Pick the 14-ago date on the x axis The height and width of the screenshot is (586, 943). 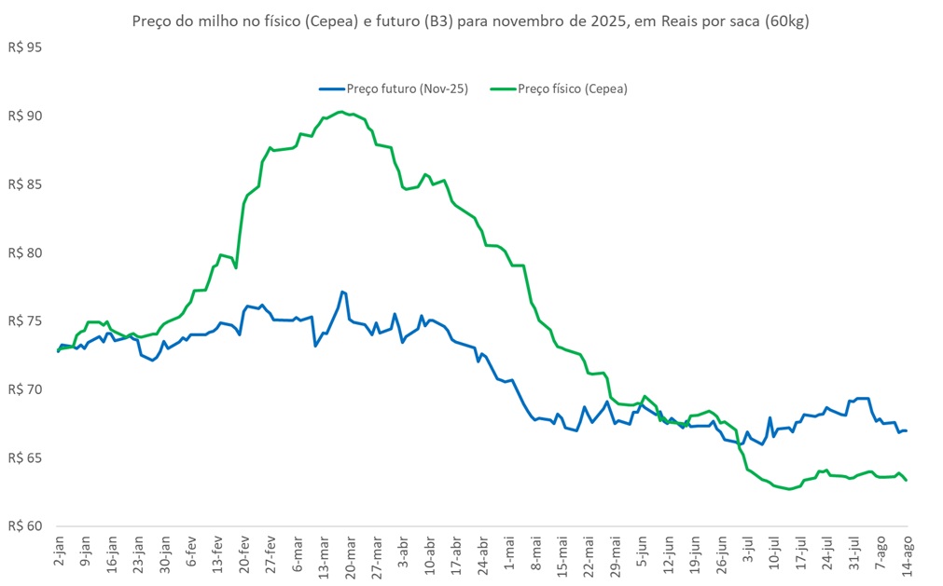pos(909,557)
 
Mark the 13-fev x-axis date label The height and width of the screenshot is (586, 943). pos(218,557)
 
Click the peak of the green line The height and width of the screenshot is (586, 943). pos(341,112)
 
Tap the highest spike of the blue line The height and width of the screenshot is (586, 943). pos(342,292)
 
